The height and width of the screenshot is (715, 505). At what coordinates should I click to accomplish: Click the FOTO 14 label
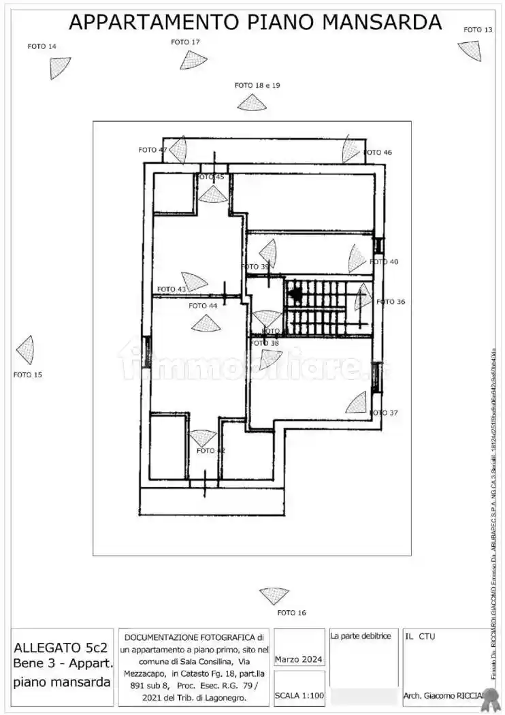point(42,46)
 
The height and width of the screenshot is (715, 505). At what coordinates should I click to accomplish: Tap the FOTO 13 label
point(478,30)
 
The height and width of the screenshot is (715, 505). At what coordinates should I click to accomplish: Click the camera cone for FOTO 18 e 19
point(252,103)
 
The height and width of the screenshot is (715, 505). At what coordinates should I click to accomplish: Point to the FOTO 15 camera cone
point(26,349)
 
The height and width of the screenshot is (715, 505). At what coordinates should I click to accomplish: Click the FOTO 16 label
point(291,613)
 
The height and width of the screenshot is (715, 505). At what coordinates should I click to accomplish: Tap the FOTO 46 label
point(378,153)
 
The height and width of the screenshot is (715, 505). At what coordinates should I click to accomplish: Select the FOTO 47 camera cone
point(179,150)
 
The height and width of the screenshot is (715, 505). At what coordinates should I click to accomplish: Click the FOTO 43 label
point(172,289)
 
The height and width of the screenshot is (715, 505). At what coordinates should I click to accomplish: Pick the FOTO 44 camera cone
point(206,323)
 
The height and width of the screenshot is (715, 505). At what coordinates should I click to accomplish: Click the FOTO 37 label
point(384,413)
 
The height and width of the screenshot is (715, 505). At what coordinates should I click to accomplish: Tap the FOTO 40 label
point(384,261)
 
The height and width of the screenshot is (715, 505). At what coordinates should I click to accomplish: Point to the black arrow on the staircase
point(295,294)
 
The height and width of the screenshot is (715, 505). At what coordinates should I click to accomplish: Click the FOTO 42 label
point(210,451)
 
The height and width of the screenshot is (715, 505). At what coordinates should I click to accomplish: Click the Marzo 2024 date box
point(299,659)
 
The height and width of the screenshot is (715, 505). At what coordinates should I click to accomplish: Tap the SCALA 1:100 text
point(299,695)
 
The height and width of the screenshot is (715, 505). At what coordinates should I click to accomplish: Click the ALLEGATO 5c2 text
point(61,648)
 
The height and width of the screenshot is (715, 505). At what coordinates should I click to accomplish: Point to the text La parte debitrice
point(361,636)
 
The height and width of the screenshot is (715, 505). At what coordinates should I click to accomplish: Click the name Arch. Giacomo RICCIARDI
point(442,695)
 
